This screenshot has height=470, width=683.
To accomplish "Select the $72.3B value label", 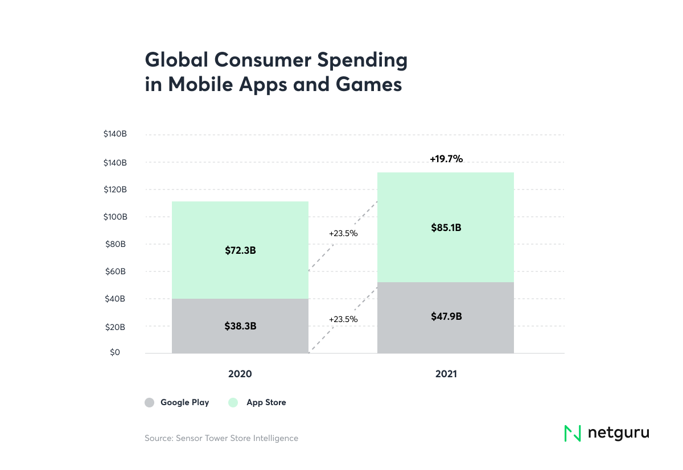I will [240, 250].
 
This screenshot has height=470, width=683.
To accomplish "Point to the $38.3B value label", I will [240, 327].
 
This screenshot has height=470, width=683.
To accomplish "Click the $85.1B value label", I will [446, 228].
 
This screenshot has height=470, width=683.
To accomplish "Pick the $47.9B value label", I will [446, 316].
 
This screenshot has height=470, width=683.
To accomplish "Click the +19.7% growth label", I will [446, 159].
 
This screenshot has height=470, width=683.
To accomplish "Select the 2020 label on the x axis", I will [240, 374].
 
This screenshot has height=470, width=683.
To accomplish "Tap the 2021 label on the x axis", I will [445, 374].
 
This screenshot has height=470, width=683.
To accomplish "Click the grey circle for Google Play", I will [149, 403].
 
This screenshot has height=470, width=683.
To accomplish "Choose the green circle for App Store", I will [233, 403].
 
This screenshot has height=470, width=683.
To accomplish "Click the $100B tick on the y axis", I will [114, 217].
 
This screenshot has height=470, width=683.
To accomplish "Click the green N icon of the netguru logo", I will [572, 433].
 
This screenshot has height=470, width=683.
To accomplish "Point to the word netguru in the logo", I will [618, 433].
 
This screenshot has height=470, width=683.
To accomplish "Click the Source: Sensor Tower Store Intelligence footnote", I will [221, 438].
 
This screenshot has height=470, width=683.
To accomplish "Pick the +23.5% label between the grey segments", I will [343, 319].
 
